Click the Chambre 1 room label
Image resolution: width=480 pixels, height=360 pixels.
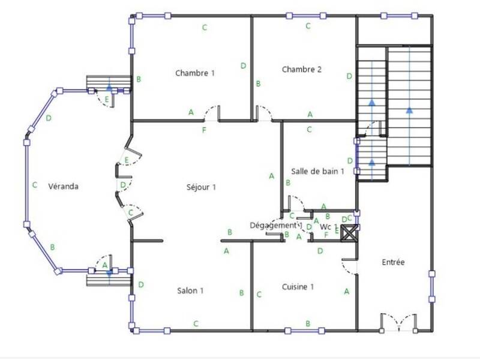click(195, 73)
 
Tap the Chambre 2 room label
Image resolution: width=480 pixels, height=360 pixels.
click(302, 69)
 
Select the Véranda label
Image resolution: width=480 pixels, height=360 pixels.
click(64, 186)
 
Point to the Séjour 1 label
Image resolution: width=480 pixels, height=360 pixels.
click(201, 187)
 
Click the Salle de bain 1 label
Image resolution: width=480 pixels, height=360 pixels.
click(317, 171)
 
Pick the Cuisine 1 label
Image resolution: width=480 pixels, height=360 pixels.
click(298, 287)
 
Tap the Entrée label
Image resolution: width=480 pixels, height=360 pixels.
click(393, 262)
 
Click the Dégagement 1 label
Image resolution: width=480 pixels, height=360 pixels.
click(274, 225)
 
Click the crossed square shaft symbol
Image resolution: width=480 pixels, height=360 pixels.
click(349, 233)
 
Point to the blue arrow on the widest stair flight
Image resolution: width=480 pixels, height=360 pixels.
click(410, 110)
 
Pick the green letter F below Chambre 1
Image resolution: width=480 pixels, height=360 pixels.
click(205, 130)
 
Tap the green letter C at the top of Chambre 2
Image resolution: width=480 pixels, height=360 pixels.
click(308, 26)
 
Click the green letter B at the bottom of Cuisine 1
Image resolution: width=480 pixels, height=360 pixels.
click(308, 323)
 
